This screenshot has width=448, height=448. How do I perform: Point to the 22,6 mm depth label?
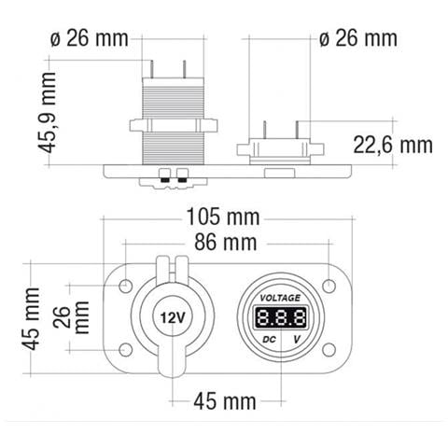tap(393, 145)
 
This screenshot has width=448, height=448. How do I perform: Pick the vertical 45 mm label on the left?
tap(31, 319)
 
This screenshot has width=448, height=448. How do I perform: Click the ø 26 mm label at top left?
tap(88, 38)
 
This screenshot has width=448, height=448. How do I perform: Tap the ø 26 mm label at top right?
tap(357, 38)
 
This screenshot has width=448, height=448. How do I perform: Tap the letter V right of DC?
tap(297, 337)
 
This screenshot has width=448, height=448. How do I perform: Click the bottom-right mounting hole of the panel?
tap(329, 349)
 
